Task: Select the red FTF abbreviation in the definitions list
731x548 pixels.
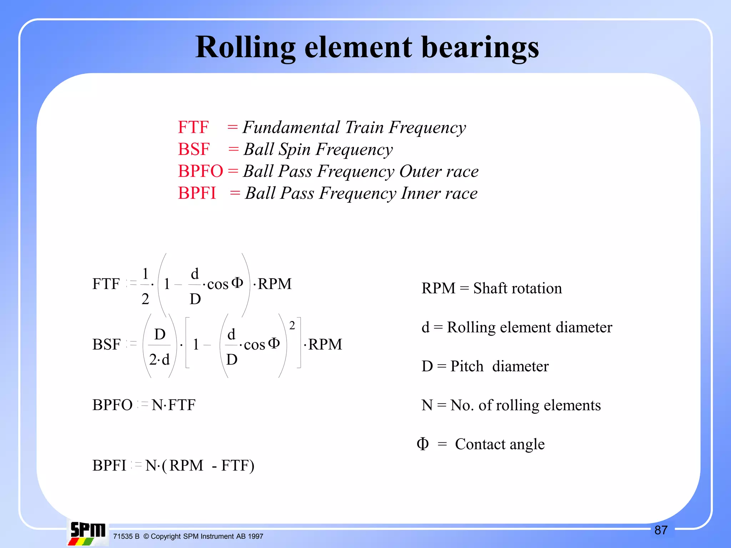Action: click(x=193, y=127)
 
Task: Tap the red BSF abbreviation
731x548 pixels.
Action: click(x=194, y=149)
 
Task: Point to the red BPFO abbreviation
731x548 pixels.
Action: click(x=200, y=171)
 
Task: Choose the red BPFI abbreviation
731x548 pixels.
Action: click(x=197, y=193)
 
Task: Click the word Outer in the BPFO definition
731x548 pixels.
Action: click(x=420, y=171)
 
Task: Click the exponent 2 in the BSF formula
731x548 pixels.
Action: click(x=292, y=325)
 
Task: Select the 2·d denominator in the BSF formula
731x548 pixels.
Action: click(x=159, y=359)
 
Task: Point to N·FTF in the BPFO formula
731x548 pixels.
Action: click(x=173, y=405)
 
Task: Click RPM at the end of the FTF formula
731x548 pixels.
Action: click(x=274, y=284)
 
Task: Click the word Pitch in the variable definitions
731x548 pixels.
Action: click(x=467, y=366)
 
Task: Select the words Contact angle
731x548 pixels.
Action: click(x=500, y=444)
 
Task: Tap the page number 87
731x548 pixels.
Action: click(x=661, y=530)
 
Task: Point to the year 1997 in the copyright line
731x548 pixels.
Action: click(x=255, y=536)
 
